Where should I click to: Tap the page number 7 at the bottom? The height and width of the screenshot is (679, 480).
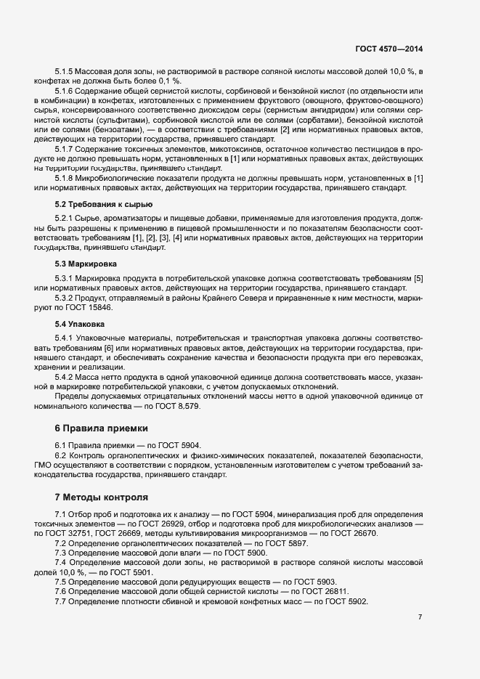click(x=420, y=617)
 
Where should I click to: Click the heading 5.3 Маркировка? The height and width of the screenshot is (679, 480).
click(x=86, y=264)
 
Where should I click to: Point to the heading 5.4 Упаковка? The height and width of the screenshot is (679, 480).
click(x=81, y=323)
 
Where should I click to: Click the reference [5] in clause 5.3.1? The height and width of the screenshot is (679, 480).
click(x=417, y=279)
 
